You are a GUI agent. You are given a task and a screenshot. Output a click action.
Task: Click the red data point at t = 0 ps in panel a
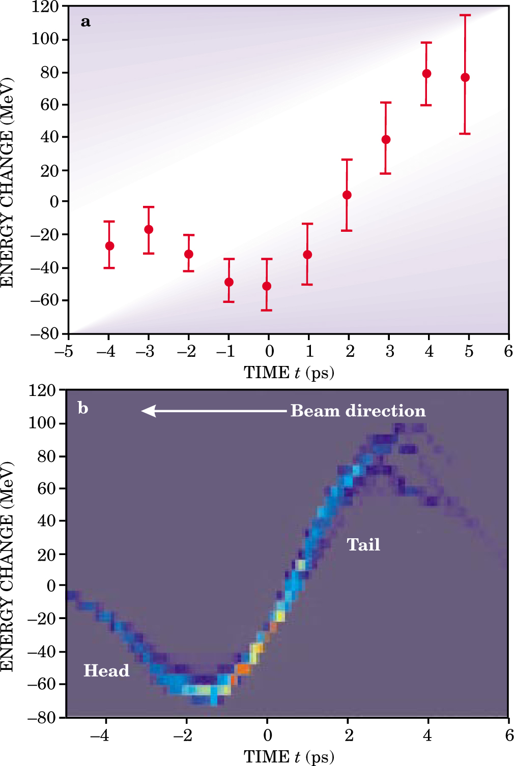tap(267, 286)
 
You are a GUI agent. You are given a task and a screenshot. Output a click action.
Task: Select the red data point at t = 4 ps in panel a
tap(426, 74)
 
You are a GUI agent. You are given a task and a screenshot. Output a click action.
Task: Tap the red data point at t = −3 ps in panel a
tap(149, 229)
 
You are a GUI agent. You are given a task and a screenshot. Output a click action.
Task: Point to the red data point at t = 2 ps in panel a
tap(347, 195)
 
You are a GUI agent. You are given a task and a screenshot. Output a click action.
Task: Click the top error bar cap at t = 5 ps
tap(465, 15)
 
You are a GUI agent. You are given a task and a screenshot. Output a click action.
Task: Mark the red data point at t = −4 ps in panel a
tap(109, 246)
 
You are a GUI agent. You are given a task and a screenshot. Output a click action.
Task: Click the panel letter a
tap(85, 22)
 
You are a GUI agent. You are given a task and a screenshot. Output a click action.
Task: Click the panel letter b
tap(83, 408)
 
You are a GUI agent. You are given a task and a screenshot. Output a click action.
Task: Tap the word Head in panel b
tap(106, 670)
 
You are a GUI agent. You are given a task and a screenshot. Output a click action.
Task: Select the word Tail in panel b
tap(363, 544)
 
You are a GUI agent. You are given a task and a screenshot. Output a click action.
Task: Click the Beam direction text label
tap(358, 411)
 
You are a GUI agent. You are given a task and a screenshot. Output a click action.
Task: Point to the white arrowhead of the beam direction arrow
tap(148, 411)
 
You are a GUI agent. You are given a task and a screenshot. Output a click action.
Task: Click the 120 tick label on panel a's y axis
tap(45, 7)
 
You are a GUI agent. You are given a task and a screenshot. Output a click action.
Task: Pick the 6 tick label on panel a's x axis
tap(508, 351)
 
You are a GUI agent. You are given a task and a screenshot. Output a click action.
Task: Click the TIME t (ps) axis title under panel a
tap(289, 373)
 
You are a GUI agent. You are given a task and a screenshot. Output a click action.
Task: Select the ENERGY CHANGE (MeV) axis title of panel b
tap(7, 567)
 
